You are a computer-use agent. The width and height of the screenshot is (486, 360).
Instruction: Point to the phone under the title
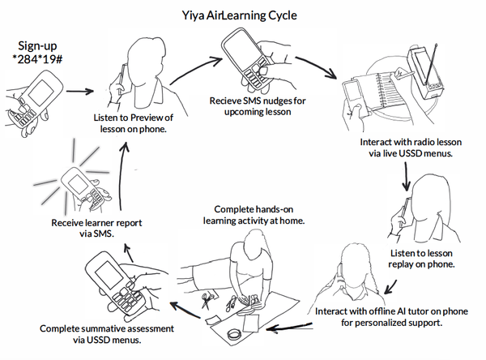[247, 58]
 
